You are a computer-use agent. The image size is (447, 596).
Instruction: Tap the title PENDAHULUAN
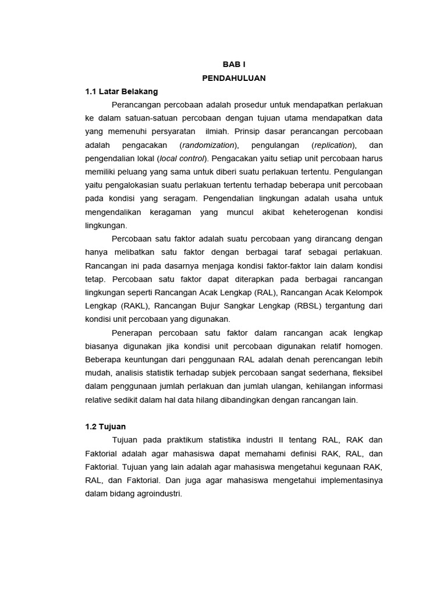pyautogui.click(x=235, y=78)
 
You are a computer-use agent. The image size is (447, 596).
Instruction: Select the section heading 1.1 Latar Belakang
pyautogui.click(x=121, y=91)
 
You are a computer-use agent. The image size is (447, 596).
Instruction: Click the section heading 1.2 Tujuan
pyautogui.click(x=105, y=427)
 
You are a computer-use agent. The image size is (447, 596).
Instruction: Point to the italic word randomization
pyautogui.click(x=209, y=145)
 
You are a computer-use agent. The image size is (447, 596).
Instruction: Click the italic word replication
pyautogui.click(x=333, y=145)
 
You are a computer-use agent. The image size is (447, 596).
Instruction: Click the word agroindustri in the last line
pyautogui.click(x=158, y=494)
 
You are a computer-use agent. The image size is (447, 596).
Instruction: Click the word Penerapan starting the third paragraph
pyautogui.click(x=133, y=333)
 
